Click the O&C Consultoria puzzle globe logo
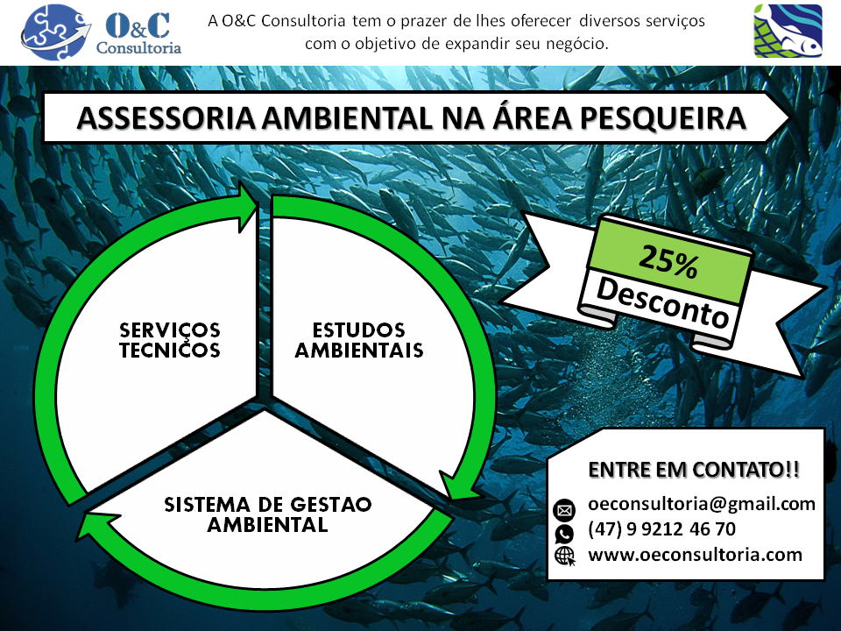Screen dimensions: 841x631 [54, 32]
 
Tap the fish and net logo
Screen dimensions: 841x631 [788, 31]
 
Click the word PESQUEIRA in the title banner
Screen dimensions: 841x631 [663, 118]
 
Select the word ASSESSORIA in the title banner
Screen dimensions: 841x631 [166, 118]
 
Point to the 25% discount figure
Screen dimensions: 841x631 [668, 261]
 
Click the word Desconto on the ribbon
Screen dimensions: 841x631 [663, 302]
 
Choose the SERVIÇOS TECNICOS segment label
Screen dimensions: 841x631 [169, 340]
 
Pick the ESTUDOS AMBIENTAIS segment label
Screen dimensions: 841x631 [359, 340]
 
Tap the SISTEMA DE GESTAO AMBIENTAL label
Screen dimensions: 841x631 [268, 514]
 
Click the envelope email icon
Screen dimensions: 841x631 [564, 510]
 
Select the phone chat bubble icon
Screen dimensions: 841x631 [564, 534]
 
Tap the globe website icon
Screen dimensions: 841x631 [565, 557]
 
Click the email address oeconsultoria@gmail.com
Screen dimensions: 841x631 [702, 505]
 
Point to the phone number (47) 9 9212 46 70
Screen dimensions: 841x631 [662, 529]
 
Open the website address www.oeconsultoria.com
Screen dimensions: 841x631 [695, 554]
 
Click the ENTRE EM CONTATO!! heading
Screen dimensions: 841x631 [694, 470]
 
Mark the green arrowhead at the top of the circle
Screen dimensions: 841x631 [248, 207]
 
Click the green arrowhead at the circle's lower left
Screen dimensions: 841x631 [99, 525]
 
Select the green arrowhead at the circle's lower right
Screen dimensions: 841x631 [457, 486]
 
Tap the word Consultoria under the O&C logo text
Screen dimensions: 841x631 [138, 47]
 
